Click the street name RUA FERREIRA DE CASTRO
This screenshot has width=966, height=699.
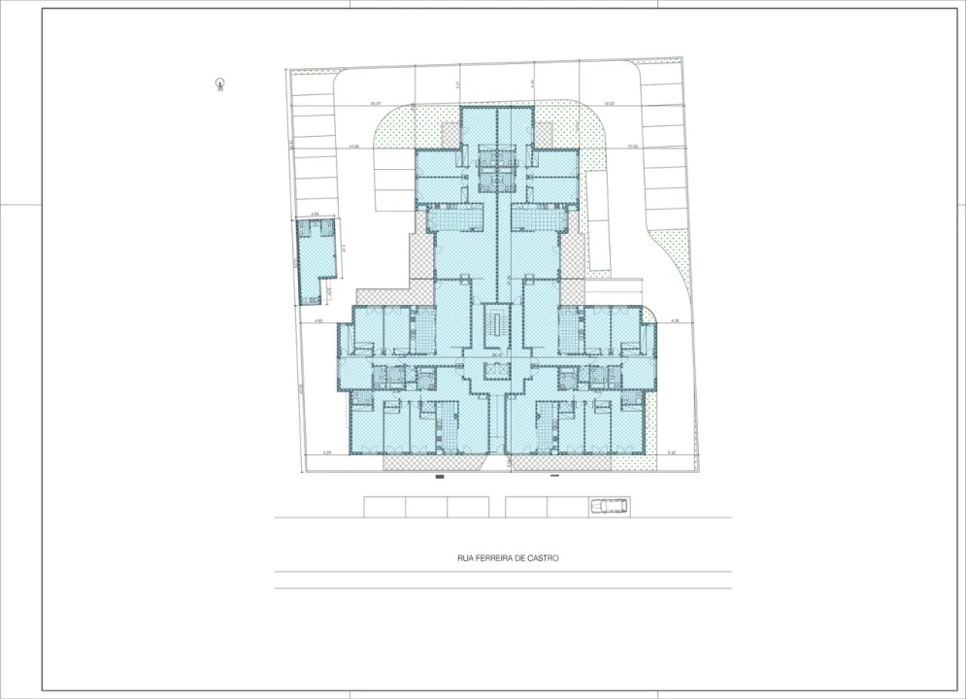508,558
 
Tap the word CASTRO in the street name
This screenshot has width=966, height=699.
545,558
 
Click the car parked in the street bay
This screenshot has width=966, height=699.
609,506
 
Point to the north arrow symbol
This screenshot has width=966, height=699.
220,84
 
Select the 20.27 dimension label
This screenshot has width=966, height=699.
375,103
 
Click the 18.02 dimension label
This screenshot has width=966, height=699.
609,103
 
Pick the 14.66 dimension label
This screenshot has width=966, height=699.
353,147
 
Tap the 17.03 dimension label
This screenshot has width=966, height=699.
631,147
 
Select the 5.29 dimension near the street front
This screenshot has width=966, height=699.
327,452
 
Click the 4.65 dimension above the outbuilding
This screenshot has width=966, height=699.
316,215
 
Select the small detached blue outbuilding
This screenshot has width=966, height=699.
316,257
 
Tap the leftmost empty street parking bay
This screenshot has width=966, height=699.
384,507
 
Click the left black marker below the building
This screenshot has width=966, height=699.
439,477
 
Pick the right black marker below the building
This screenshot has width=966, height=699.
555,477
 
